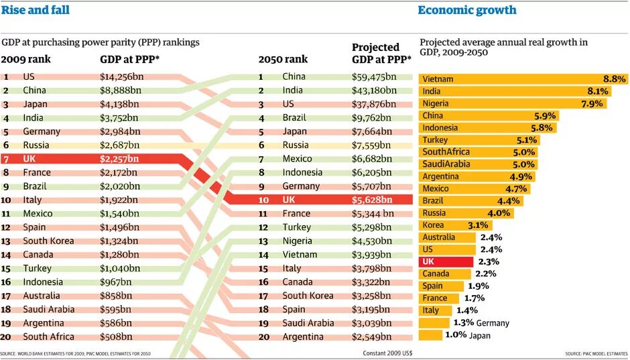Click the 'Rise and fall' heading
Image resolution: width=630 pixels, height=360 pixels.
point(35,10)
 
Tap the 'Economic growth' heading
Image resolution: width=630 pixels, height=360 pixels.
point(467,10)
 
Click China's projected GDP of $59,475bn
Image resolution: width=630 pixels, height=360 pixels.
point(374,76)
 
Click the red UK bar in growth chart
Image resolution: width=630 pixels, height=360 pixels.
point(446,261)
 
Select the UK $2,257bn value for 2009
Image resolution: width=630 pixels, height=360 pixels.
point(119,159)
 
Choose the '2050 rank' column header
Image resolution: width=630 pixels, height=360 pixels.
point(283,59)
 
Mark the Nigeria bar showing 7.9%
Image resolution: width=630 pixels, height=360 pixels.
point(513,103)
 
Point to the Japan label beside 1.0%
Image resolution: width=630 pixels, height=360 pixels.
point(480,335)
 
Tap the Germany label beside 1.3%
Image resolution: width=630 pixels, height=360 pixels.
point(493,323)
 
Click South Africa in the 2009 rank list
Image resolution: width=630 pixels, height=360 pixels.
point(48,337)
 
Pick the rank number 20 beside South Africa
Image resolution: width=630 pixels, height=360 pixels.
point(7,337)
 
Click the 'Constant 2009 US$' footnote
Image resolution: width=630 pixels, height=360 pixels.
point(388,353)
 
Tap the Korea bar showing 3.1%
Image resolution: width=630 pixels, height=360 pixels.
point(442,225)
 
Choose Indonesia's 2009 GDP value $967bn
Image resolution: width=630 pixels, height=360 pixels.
point(116,282)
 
